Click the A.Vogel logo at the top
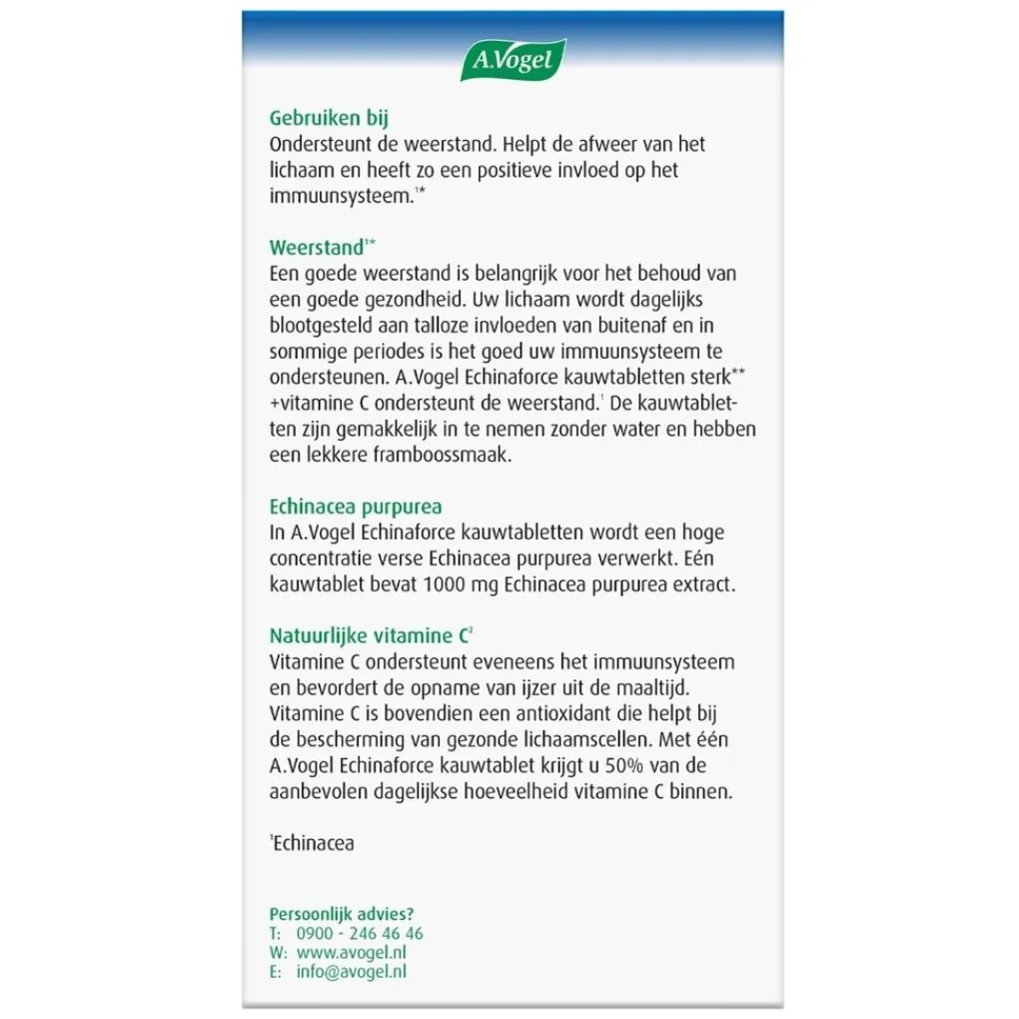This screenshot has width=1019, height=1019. point(512,61)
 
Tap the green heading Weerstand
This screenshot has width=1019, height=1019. point(317,248)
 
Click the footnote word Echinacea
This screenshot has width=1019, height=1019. point(314,843)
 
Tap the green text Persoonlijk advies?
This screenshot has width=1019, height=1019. point(342,913)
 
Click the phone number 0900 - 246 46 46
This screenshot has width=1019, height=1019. point(360,933)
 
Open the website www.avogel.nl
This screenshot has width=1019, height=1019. point(353,952)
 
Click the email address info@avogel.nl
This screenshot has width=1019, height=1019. point(352,971)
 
